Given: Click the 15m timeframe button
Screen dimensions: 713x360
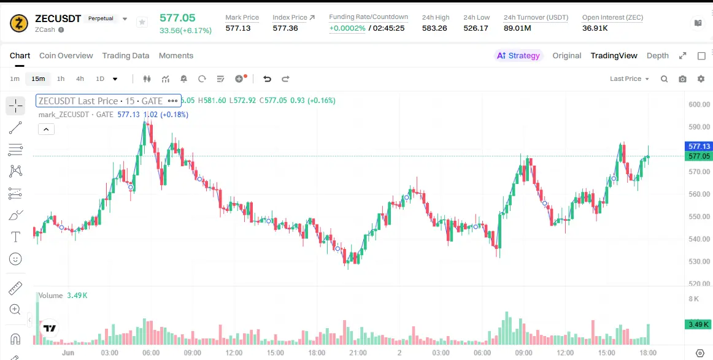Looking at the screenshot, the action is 38,79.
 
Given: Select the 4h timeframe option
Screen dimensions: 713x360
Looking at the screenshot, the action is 80,79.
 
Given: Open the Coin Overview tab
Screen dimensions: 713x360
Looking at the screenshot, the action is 66,55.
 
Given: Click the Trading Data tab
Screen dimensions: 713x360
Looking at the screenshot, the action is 126,55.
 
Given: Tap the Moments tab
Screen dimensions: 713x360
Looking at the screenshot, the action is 176,55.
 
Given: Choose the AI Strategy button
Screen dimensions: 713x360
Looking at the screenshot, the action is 518,55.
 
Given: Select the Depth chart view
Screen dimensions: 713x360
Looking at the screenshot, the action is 658,55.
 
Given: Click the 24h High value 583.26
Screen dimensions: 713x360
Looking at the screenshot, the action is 434,28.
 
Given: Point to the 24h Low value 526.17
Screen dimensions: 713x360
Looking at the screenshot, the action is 476,28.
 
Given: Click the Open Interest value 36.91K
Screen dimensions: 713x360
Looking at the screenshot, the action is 595,28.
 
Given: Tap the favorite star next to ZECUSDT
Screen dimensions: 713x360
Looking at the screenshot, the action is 142,22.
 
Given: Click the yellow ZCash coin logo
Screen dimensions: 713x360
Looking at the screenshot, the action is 19,23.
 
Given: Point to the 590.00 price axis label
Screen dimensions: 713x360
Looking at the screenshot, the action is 700,127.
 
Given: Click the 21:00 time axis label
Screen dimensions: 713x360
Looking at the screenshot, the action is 358,353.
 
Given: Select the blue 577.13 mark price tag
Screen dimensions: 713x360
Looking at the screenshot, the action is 699,147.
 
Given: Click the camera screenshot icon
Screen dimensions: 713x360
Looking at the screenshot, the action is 682,79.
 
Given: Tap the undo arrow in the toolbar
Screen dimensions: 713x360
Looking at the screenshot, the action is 267,79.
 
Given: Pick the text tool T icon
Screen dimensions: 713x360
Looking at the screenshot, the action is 15,237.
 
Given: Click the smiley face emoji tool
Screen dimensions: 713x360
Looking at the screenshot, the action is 15,259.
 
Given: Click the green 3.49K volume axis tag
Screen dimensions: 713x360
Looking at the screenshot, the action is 698,324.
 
